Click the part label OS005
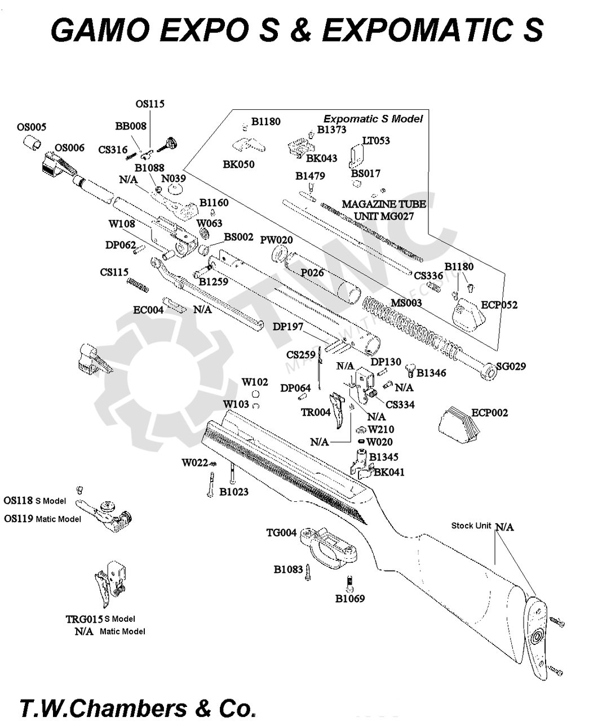[x=32, y=127]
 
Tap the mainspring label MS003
[x=406, y=303]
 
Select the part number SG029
[x=511, y=367]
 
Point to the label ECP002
[x=489, y=413]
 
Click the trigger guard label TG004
[x=281, y=533]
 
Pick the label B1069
[x=350, y=599]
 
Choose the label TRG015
[x=84, y=619]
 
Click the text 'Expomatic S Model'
[x=373, y=119]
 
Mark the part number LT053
[x=376, y=141]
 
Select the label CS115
[x=114, y=273]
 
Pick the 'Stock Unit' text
[x=471, y=526]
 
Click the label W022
[x=194, y=463]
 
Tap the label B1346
[x=431, y=373]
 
